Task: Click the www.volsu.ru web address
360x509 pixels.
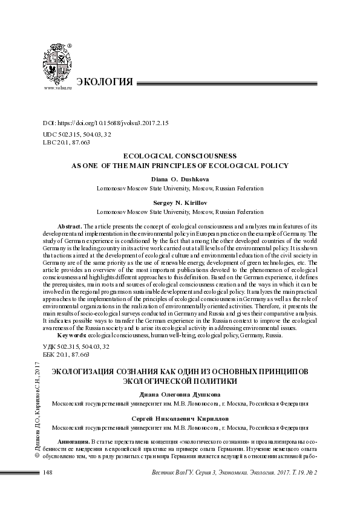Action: point(57,88)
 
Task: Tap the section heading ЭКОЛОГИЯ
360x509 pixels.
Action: point(104,82)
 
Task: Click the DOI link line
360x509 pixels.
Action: point(106,123)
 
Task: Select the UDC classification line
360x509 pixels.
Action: point(76,134)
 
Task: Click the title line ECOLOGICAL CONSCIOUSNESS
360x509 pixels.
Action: point(180,155)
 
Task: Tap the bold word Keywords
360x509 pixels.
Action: point(71,335)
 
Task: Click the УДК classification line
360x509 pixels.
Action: point(76,346)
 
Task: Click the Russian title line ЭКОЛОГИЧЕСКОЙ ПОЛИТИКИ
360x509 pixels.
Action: point(180,381)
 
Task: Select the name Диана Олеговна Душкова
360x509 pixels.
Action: point(180,395)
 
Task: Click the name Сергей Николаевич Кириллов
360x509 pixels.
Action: point(180,418)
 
